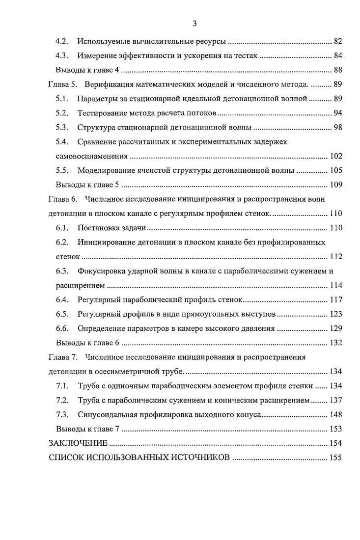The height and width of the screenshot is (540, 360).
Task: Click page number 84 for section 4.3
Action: [x=337, y=55]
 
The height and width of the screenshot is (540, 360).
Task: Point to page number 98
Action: [x=337, y=128]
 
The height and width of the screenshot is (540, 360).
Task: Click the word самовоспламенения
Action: [x=88, y=157]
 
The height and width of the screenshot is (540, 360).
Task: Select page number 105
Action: [x=335, y=171]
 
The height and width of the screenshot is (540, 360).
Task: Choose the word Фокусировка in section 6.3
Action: [x=103, y=271]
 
